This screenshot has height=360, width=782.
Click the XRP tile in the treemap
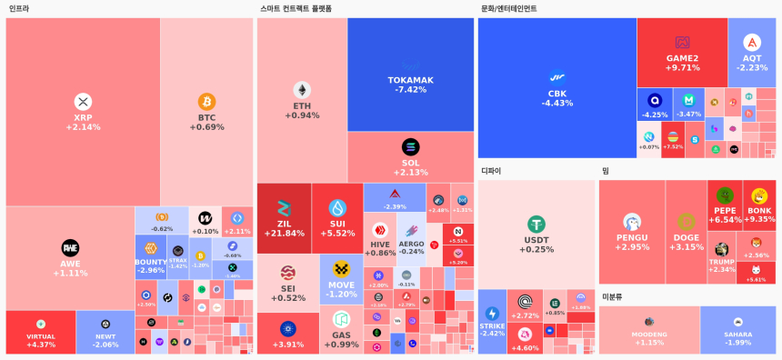(x=83, y=112)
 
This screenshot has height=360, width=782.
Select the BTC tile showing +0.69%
(x=206, y=112)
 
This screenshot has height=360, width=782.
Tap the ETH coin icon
(x=302, y=90)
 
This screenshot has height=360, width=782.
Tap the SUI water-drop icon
(x=337, y=207)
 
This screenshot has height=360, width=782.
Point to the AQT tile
(x=752, y=52)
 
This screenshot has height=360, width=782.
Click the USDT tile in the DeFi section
(x=536, y=233)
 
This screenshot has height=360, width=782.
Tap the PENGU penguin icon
(x=632, y=222)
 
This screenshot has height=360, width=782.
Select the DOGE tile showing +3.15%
(x=687, y=231)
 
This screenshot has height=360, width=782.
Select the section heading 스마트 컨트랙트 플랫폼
(x=296, y=9)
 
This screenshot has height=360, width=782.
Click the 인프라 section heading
(x=18, y=9)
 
